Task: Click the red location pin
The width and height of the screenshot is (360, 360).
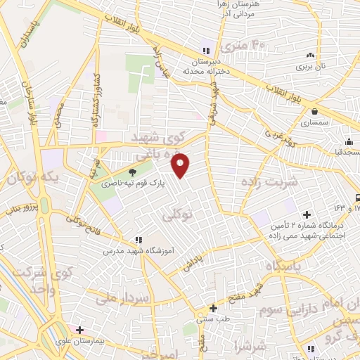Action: coord(181,165)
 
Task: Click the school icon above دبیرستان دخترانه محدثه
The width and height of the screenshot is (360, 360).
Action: coord(206,51)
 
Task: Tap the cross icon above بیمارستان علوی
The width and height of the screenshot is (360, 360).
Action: coord(80,329)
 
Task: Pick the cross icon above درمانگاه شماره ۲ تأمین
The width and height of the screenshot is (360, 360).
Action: coord(306,214)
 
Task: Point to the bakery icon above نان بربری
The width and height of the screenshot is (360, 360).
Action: coord(310,56)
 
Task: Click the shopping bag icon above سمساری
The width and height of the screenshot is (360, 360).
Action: coord(314,111)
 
